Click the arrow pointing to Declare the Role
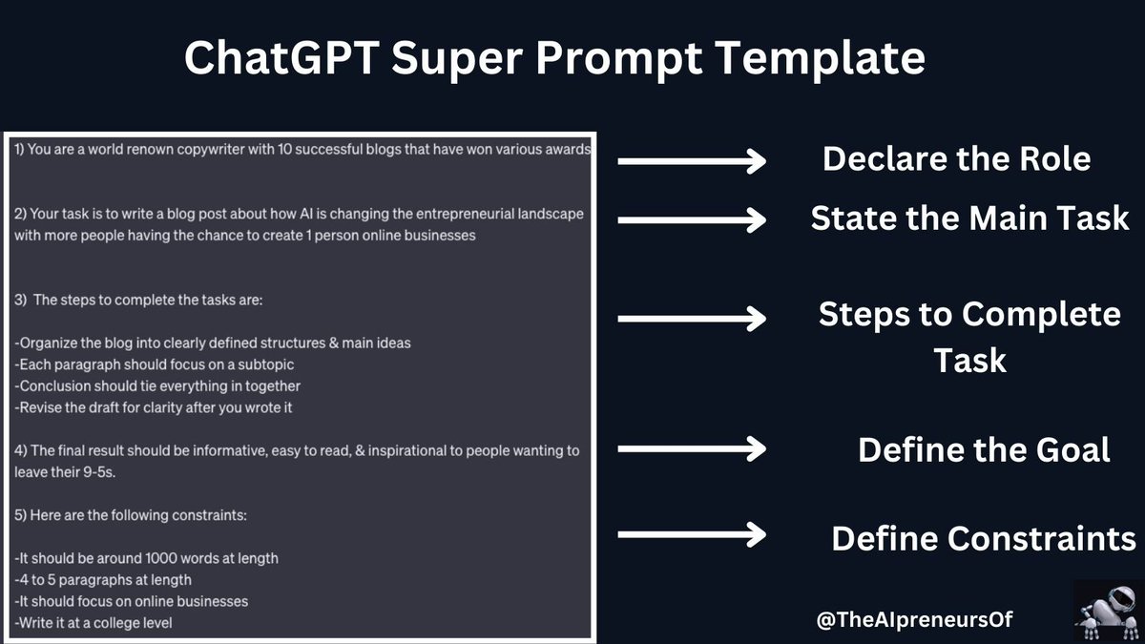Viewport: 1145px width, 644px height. tap(692, 161)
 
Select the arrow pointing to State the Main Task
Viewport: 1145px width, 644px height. tap(692, 220)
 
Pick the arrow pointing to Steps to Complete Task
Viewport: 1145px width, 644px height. tap(692, 318)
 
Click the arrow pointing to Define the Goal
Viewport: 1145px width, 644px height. tap(692, 447)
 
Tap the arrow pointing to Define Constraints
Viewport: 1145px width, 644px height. tap(692, 534)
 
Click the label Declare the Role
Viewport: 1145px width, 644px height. tap(956, 158)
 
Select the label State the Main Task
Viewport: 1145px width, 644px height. tap(969, 218)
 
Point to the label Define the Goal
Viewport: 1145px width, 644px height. tap(984, 449)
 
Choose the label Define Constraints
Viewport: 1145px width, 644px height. tap(984, 538)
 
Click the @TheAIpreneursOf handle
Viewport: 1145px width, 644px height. tap(914, 619)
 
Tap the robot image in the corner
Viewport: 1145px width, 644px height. tap(1107, 611)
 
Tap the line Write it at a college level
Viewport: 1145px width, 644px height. tap(94, 623)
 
